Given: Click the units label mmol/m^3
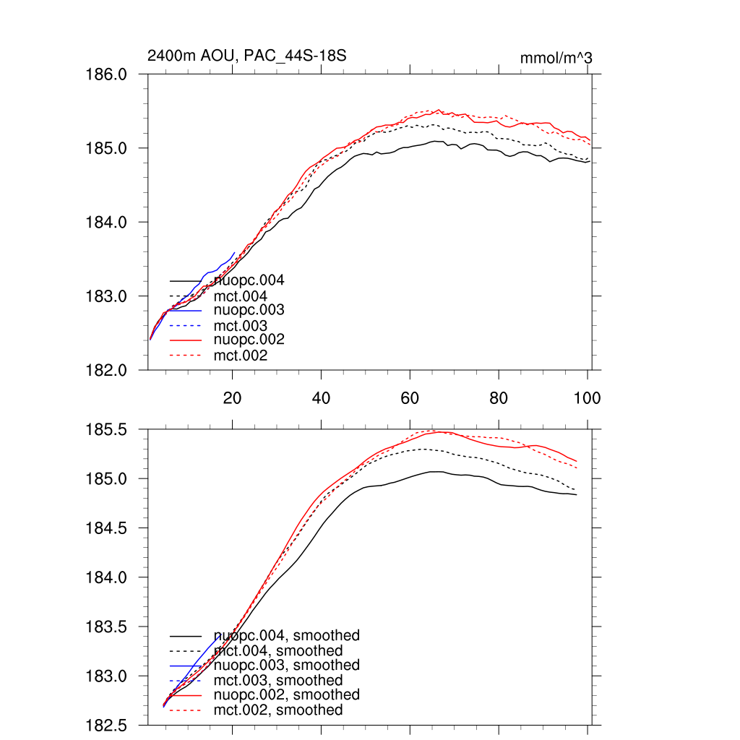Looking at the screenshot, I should click(556, 58).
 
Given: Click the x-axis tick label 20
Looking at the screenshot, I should click(232, 397).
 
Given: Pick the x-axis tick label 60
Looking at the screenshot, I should click(410, 397).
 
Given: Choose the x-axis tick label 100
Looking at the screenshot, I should click(587, 397).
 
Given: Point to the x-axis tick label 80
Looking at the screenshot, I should click(499, 397).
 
